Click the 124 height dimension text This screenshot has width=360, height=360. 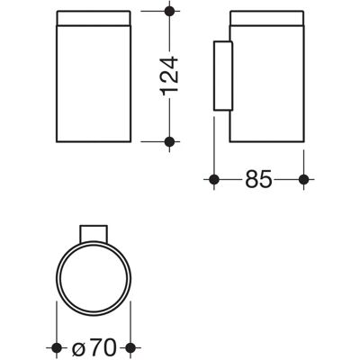[x=170, y=76]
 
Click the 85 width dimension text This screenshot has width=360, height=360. [x=258, y=179]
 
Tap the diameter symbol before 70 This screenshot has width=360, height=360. [x=80, y=350]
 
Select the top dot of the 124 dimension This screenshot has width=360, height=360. [x=169, y=11]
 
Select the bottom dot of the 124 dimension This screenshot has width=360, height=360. [x=169, y=141]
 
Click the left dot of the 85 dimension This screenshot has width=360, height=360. [x=214, y=179]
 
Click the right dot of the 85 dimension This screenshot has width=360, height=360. [x=304, y=179]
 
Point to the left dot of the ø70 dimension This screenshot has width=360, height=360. [x=57, y=348]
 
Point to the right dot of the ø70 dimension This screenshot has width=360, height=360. [x=130, y=348]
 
